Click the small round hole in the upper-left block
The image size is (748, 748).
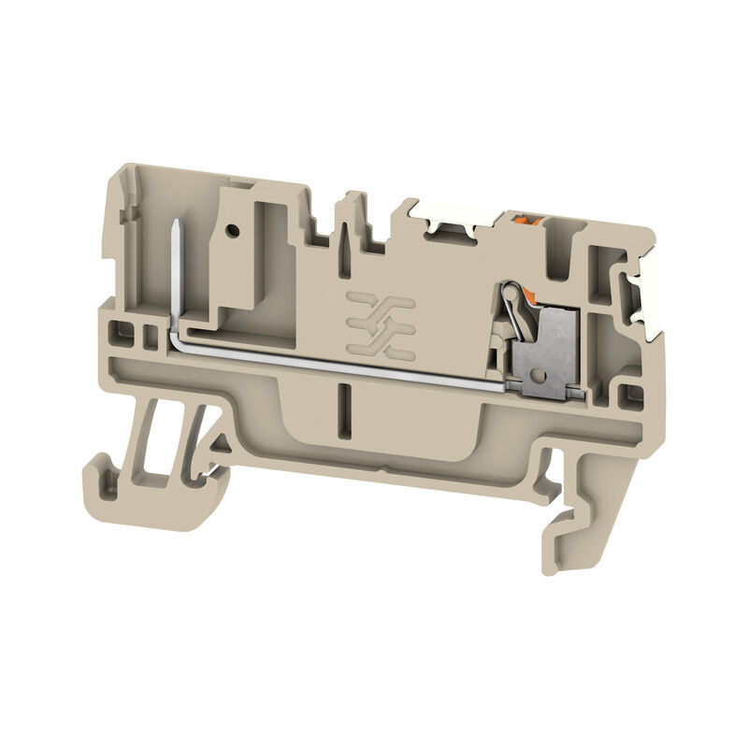coord(231,227)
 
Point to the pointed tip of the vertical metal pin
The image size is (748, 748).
coord(175,221)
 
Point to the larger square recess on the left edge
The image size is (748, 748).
coord(120,330)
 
